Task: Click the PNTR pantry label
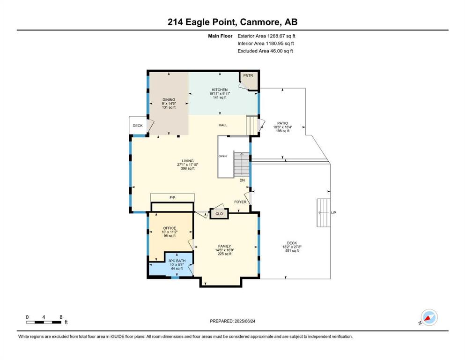248,75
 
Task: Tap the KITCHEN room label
220,90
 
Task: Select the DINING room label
169,100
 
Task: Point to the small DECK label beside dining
138,126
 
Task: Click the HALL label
223,125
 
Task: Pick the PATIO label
283,123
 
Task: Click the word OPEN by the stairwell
223,156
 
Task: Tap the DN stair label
242,180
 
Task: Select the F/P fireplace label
172,197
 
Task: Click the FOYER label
240,202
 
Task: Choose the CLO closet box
219,214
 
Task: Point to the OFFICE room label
170,228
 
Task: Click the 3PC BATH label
177,261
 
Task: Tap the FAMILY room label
224,246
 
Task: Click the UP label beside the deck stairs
333,213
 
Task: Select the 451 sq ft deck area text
292,250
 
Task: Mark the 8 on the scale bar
61,317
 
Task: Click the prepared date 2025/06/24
244,321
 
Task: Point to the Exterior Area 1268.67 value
276,36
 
